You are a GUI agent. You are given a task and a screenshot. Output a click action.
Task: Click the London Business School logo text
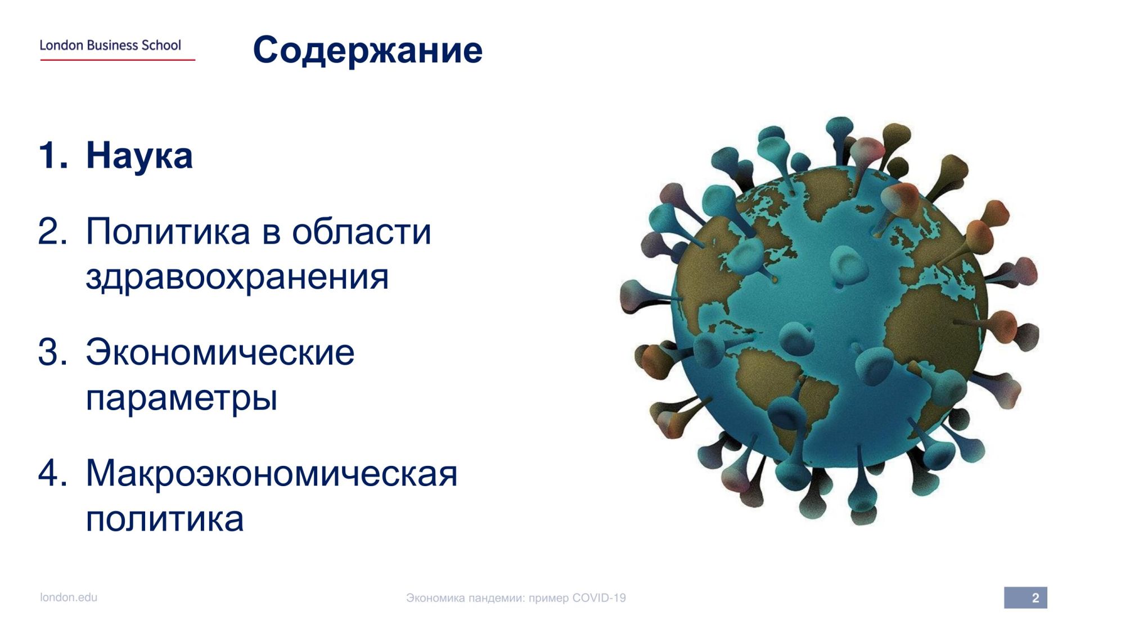(x=110, y=45)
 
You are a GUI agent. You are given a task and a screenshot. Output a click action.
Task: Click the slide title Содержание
(x=368, y=51)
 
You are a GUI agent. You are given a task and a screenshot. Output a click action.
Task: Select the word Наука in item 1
(x=139, y=156)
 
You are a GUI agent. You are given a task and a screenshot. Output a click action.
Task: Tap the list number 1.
(x=52, y=156)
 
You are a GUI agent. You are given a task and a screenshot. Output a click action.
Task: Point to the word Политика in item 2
(x=168, y=232)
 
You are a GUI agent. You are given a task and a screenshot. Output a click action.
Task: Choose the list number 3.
(x=52, y=353)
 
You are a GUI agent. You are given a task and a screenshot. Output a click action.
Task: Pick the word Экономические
(x=220, y=353)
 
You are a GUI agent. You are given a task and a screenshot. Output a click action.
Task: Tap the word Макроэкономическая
(x=272, y=474)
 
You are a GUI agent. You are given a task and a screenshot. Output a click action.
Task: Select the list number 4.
(x=52, y=473)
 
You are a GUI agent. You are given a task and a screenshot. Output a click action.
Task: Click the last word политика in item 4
(x=165, y=519)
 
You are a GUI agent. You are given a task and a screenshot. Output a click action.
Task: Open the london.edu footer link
(x=69, y=598)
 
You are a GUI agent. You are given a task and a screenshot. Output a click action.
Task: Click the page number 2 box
(x=1025, y=598)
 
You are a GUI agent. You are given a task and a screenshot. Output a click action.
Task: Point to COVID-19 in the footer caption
(x=599, y=598)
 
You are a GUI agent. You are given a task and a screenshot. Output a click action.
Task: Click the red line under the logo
(x=118, y=60)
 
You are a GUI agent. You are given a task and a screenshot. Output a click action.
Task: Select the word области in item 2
(x=362, y=232)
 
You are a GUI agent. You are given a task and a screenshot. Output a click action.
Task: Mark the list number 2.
(x=52, y=232)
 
